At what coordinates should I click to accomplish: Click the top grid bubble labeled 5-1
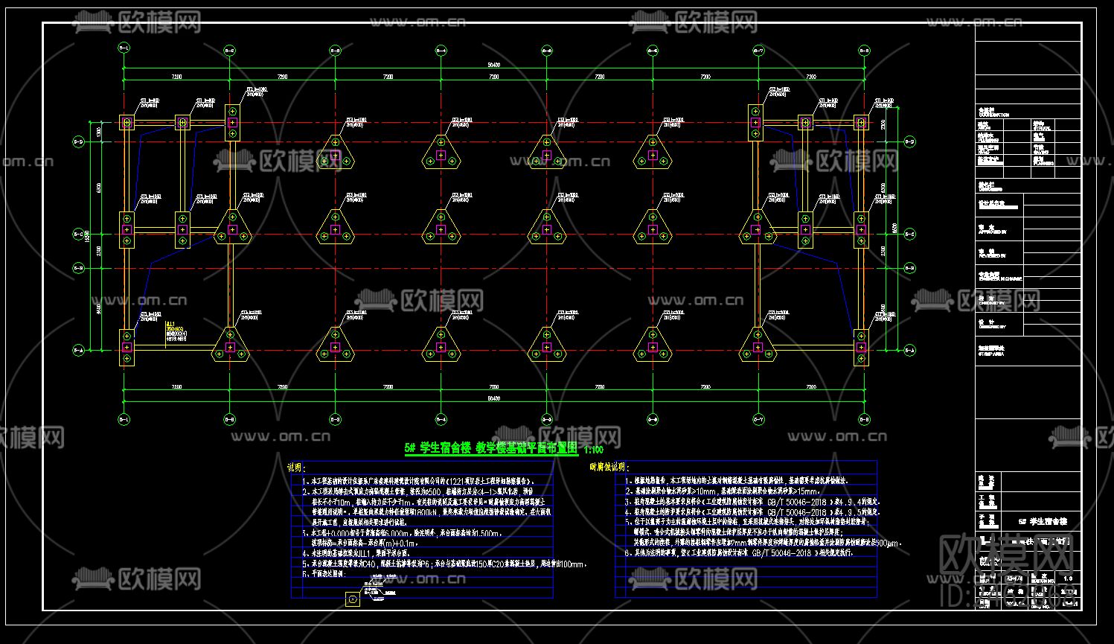[124, 51]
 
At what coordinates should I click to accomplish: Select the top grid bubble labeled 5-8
[864, 51]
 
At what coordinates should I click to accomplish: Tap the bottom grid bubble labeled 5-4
[441, 419]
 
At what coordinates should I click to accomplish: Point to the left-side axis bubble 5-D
[78, 141]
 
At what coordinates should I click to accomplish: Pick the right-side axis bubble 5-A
[909, 349]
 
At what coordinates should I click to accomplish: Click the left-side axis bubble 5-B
[78, 268]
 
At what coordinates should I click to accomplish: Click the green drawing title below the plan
[491, 448]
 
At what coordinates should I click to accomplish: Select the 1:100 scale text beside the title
[594, 450]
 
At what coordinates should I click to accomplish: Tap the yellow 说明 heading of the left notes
[296, 468]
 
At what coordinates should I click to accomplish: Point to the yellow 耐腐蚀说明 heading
[609, 468]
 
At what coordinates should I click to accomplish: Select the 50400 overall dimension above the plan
[493, 65]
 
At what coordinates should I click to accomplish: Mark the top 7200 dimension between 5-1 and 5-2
[177, 77]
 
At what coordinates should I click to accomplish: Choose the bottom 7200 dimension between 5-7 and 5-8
[811, 388]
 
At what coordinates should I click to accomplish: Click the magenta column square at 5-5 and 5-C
[547, 230]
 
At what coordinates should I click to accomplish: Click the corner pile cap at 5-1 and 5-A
[127, 348]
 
